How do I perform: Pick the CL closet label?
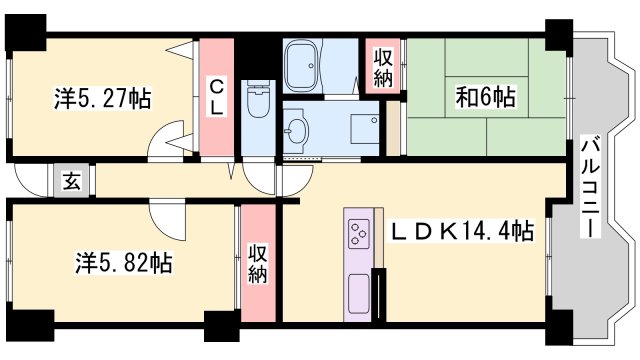tap(215, 97)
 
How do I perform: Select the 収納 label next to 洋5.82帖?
tap(257, 263)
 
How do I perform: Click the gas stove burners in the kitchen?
tap(359, 236)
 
